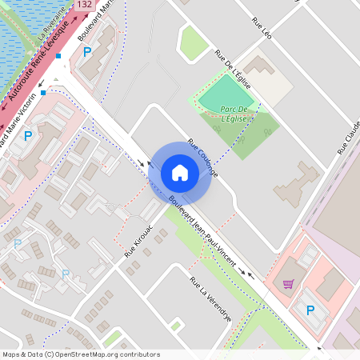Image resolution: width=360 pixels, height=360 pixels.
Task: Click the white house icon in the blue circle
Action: [180, 172]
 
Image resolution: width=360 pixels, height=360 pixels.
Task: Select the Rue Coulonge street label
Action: [203, 158]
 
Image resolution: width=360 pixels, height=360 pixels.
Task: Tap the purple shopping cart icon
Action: [288, 283]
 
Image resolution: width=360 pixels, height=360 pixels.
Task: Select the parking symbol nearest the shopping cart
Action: [310, 310]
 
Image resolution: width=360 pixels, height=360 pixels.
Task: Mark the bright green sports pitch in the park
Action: [226, 94]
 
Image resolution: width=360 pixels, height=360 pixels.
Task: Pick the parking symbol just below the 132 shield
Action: [87, 51]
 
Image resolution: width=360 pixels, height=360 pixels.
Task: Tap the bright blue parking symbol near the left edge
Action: [28, 136]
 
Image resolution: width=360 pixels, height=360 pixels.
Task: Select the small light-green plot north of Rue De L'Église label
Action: [194, 43]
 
